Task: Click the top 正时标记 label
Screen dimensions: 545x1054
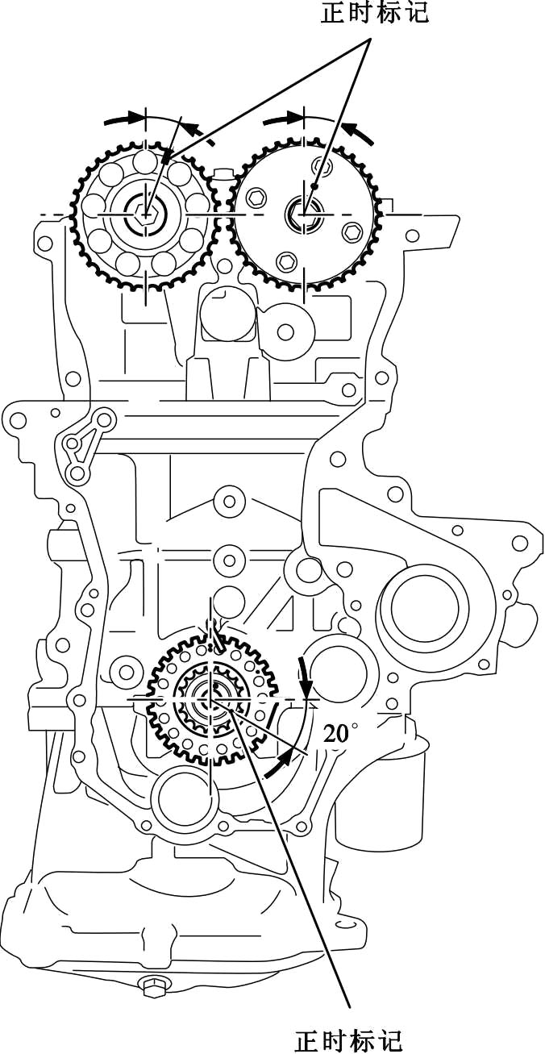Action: point(375,12)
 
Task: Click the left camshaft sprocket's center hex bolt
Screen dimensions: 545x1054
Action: point(146,215)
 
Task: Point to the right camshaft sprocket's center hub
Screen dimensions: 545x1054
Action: point(304,214)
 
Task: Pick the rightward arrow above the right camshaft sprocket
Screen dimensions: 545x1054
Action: point(282,119)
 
